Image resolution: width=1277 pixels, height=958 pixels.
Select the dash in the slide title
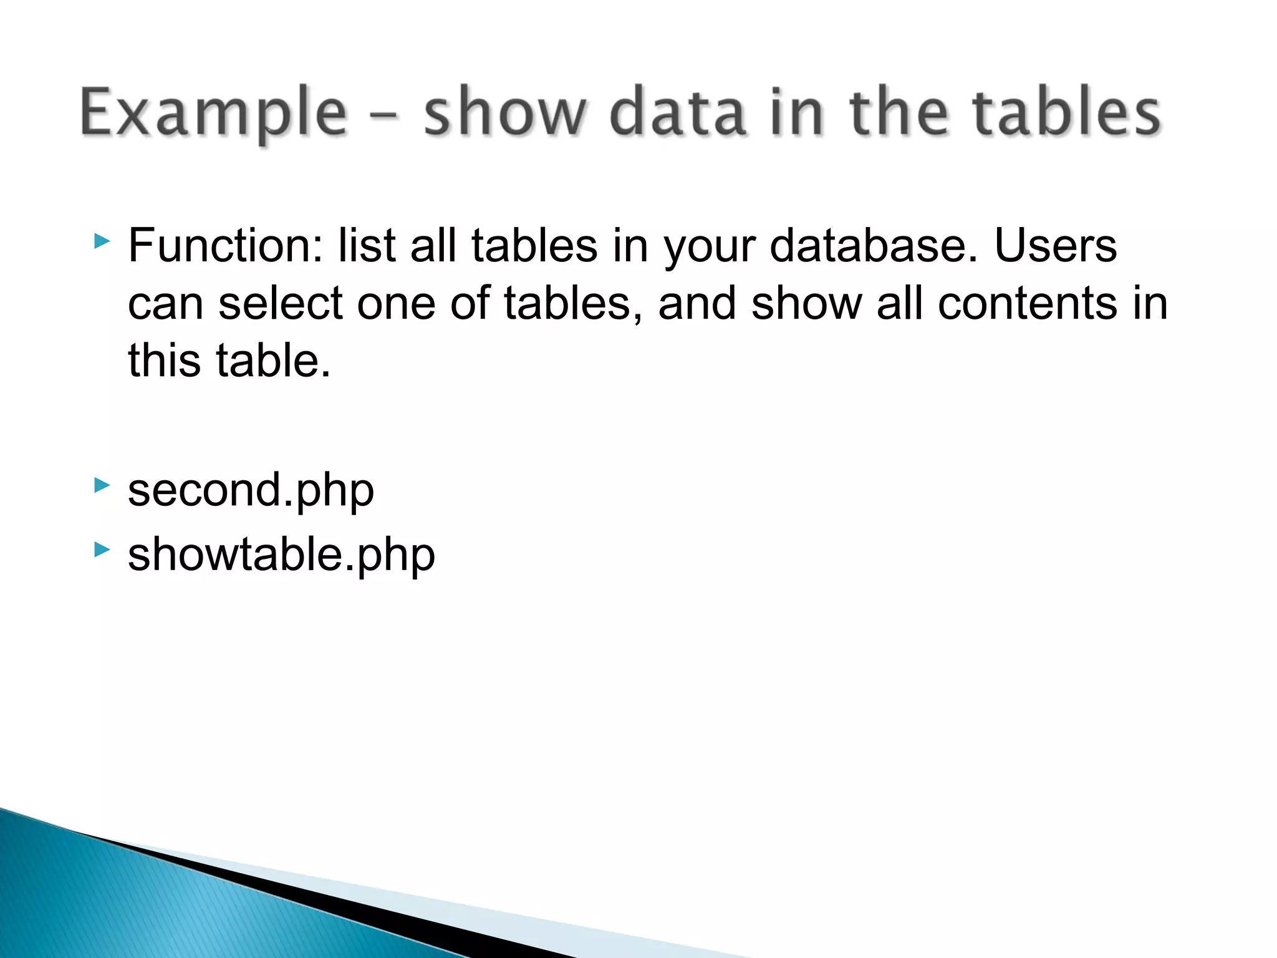pos(385,116)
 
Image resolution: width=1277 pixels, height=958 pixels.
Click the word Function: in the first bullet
pos(226,246)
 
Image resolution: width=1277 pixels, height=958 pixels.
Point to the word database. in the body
pos(874,246)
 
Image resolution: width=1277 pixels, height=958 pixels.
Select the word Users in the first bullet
pos(1055,246)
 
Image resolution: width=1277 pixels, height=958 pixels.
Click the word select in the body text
pos(281,304)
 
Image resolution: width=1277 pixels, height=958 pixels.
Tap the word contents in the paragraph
pos(1028,304)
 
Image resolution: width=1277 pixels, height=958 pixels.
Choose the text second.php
pos(251,490)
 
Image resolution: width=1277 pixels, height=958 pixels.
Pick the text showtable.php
pos(281,554)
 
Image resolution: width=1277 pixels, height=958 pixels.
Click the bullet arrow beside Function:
pos(102,241)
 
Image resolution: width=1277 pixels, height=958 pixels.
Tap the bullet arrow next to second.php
pos(102,485)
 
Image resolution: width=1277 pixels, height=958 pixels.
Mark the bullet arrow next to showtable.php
pos(102,549)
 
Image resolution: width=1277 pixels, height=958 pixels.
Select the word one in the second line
pos(396,304)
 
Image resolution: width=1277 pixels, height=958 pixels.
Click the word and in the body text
pos(697,304)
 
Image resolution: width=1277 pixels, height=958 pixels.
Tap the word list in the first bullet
pos(367,246)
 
